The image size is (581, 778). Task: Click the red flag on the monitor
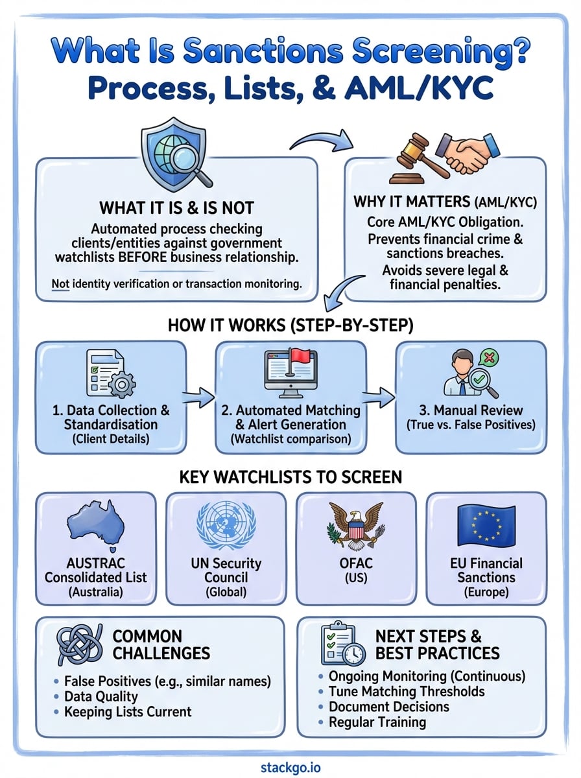click(x=302, y=357)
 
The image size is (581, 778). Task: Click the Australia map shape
click(x=96, y=526)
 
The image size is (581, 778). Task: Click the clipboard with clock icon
click(x=342, y=644)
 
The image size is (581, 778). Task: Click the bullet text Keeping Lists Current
click(x=128, y=711)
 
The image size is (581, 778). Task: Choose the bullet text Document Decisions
click(x=388, y=706)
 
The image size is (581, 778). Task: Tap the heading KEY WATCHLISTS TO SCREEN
click(x=290, y=477)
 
